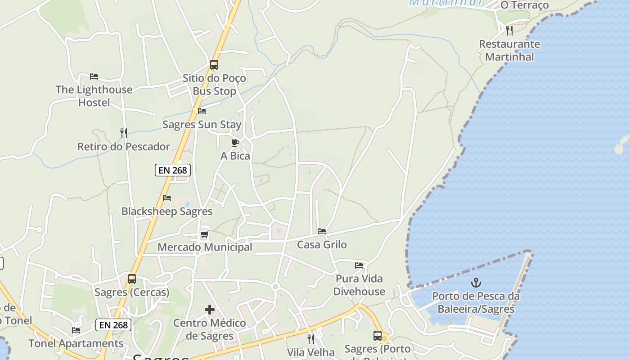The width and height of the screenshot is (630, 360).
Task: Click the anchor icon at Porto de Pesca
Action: point(476,283)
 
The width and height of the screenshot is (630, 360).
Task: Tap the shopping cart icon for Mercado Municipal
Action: point(204,234)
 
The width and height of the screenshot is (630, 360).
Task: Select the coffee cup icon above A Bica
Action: point(235,143)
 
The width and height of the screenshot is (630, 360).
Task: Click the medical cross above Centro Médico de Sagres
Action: point(210,310)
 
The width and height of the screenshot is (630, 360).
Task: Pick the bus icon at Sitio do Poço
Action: point(214,65)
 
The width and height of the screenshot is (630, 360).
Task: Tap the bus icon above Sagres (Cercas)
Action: point(132,279)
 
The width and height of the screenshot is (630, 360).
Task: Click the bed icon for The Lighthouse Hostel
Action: point(94,76)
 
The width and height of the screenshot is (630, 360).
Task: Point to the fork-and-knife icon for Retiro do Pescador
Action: point(124,133)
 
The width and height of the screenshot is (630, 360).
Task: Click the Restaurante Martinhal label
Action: point(509,50)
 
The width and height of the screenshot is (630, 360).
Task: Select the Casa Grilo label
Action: point(322,245)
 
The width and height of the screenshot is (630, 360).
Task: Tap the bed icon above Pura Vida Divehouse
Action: point(359,265)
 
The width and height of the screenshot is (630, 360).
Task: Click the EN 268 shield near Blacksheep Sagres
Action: point(173,170)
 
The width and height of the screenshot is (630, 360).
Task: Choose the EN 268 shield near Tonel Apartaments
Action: point(113,325)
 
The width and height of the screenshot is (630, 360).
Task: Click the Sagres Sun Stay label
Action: point(202,125)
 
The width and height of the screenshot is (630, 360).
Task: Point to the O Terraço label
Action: point(525,5)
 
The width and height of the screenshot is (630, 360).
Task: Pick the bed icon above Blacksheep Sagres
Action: point(167,198)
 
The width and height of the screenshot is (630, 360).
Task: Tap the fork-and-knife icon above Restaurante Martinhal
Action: point(509,30)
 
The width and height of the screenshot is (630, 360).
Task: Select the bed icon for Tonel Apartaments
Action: point(76,330)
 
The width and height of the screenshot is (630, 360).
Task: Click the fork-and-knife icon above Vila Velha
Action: point(311,339)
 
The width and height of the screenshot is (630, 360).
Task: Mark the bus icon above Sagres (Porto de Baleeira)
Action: point(378,336)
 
